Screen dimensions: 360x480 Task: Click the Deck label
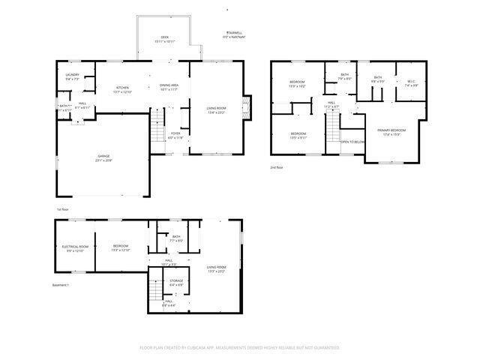click(x=164, y=37)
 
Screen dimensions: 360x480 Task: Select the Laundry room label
click(x=72, y=75)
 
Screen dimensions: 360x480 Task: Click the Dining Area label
click(x=169, y=86)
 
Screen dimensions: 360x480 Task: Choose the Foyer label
click(x=175, y=134)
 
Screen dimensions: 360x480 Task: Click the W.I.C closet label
click(x=411, y=82)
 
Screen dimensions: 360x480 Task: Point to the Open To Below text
click(x=352, y=142)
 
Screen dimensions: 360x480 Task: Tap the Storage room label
click(x=176, y=281)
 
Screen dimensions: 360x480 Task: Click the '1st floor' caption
click(x=63, y=208)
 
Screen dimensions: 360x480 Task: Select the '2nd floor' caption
click(x=277, y=168)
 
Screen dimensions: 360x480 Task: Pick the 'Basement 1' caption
click(x=61, y=285)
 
